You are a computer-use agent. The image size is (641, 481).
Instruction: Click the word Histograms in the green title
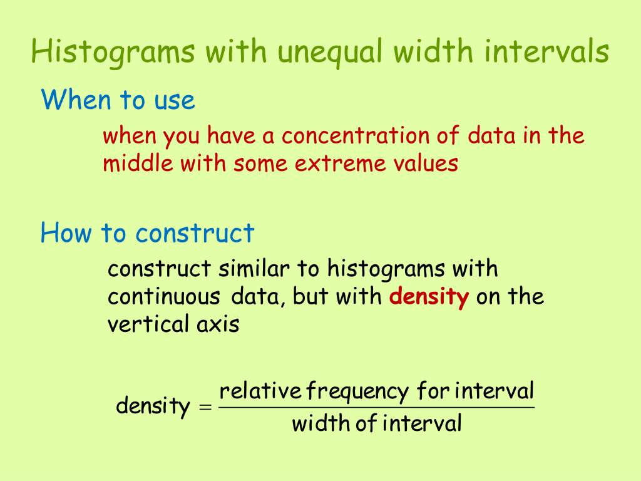click(x=113, y=53)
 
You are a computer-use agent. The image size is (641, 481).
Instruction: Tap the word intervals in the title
click(x=546, y=51)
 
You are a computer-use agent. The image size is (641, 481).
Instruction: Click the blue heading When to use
click(x=118, y=100)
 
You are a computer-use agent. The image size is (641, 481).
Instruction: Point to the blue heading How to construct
click(x=148, y=233)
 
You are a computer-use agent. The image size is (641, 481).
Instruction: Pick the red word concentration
click(x=356, y=135)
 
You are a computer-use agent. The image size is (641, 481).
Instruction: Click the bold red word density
click(x=429, y=296)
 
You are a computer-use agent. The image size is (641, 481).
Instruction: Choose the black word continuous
click(x=164, y=296)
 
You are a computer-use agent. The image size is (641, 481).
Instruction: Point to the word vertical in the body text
click(x=148, y=324)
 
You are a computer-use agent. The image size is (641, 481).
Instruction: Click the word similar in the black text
click(x=254, y=269)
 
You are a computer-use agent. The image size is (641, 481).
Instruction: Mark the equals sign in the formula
click(x=205, y=407)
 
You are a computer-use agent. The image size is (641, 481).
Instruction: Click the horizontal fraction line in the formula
click(x=376, y=407)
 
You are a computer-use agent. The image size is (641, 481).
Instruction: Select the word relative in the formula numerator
click(x=260, y=391)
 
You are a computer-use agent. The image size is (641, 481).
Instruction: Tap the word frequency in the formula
click(x=357, y=391)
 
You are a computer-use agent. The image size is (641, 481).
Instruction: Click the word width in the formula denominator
click(x=320, y=423)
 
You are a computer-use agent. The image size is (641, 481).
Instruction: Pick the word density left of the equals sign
click(x=153, y=406)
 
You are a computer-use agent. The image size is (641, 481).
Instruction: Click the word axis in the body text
click(x=218, y=324)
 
